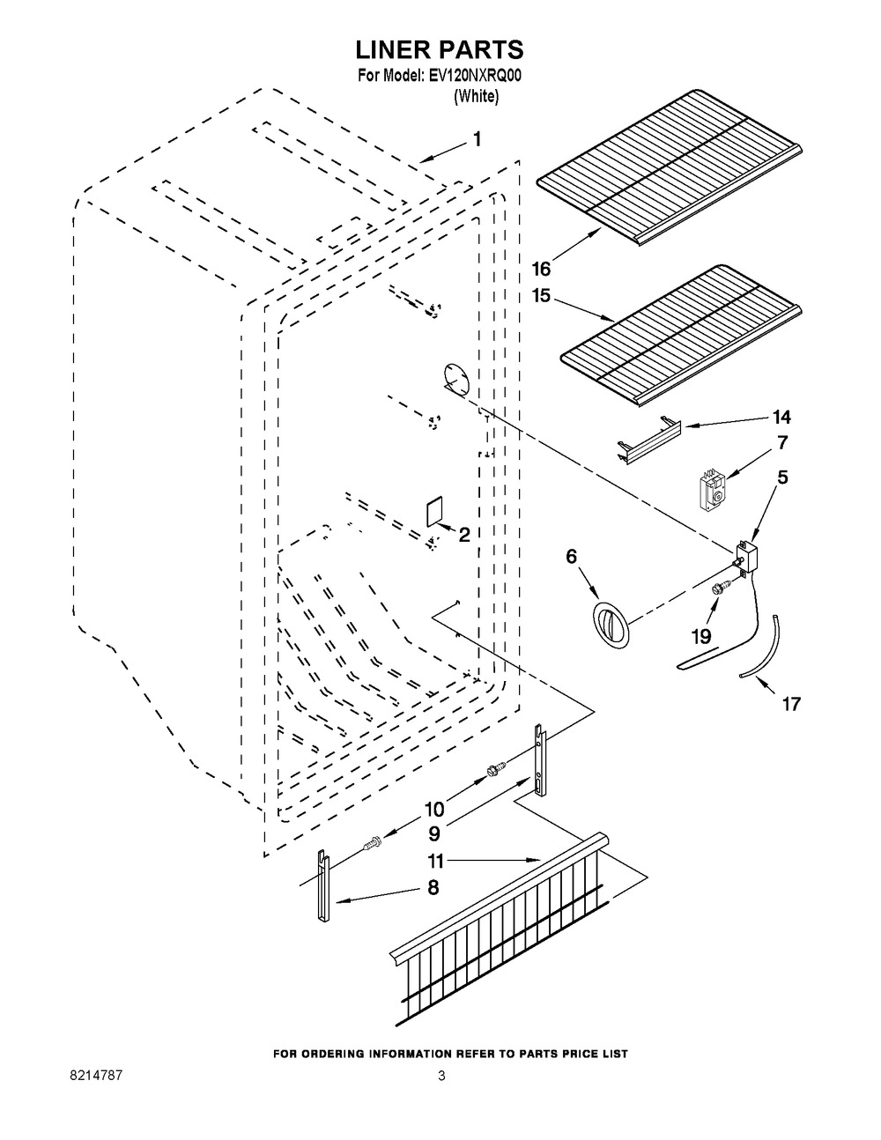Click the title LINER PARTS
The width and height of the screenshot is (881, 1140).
coord(440,50)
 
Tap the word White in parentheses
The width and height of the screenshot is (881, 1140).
coord(476,96)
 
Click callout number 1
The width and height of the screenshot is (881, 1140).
coord(477,139)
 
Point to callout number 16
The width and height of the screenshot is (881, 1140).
coord(542,269)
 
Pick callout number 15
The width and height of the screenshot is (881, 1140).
coord(541,296)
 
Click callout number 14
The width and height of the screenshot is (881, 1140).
coord(781,417)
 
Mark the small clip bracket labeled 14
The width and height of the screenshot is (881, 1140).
coord(648,438)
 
